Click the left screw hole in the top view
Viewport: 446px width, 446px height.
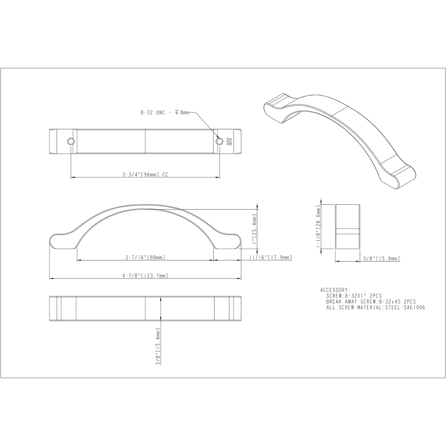pos(70,141)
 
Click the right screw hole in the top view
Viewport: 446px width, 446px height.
pos(220,141)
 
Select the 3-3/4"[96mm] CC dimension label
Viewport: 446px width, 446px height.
pos(145,174)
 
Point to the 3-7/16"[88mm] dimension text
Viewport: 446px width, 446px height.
pos(145,257)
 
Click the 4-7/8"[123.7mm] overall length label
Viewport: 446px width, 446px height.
pos(145,276)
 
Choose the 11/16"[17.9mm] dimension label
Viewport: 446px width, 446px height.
pos(271,257)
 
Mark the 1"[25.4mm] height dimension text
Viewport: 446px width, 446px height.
pos(254,229)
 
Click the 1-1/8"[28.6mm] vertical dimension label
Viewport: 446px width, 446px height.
pos(318,226)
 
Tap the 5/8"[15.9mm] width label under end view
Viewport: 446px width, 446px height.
pos(382,259)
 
